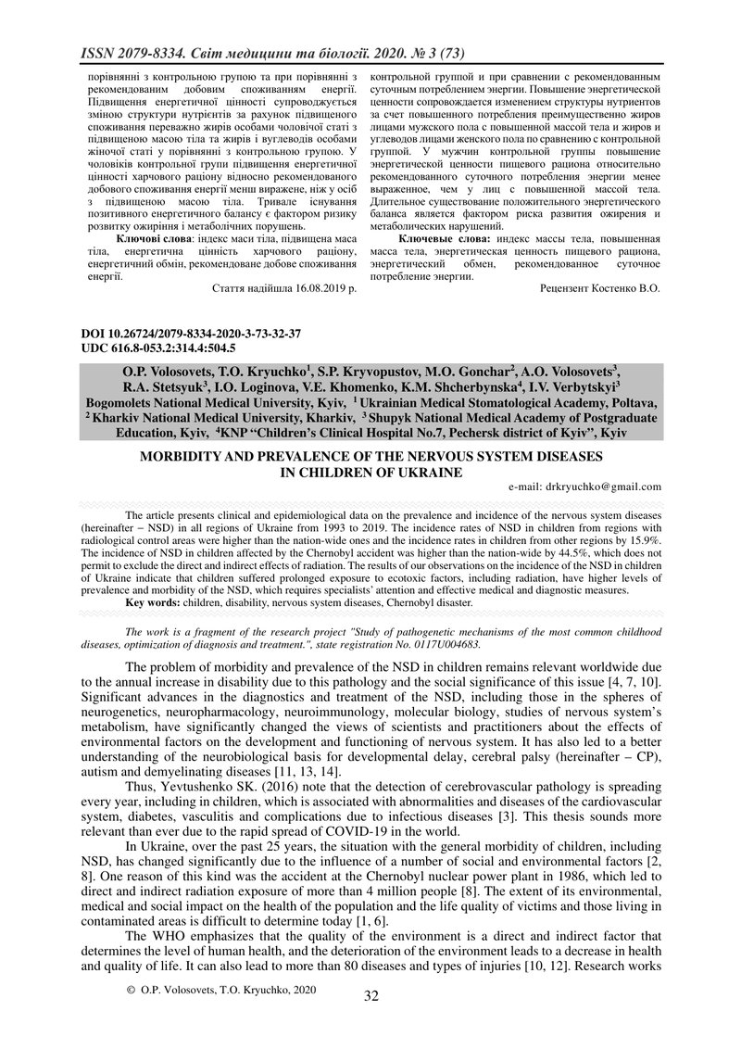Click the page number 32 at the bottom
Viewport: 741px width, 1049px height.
tap(370, 996)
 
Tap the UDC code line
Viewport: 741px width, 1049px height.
tap(146, 348)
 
